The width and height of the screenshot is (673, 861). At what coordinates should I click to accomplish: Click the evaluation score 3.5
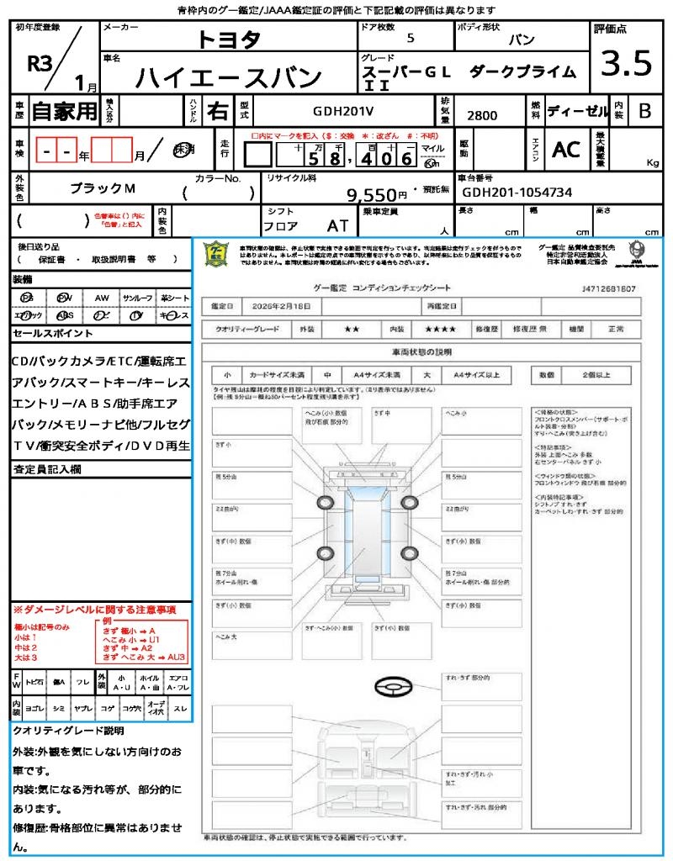pyautogui.click(x=626, y=62)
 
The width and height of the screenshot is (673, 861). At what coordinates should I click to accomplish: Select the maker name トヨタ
pyautogui.click(x=229, y=40)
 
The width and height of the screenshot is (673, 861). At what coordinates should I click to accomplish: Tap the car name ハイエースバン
pyautogui.click(x=228, y=77)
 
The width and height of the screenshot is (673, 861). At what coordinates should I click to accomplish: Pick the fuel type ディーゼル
pyautogui.click(x=575, y=111)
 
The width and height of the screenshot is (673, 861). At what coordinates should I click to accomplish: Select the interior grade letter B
pyautogui.click(x=644, y=111)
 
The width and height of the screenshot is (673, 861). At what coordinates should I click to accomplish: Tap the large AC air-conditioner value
pyautogui.click(x=565, y=150)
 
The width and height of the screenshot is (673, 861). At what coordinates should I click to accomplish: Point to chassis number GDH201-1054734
pyautogui.click(x=517, y=193)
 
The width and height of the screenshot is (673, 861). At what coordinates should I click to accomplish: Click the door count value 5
pyautogui.click(x=410, y=39)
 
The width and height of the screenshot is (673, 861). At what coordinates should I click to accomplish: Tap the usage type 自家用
pyautogui.click(x=64, y=111)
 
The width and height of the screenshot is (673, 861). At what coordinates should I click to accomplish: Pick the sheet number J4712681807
pyautogui.click(x=607, y=288)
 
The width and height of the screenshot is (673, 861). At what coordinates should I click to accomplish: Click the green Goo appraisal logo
pyautogui.click(x=216, y=254)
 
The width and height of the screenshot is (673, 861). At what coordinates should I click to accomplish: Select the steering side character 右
pyautogui.click(x=218, y=111)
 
